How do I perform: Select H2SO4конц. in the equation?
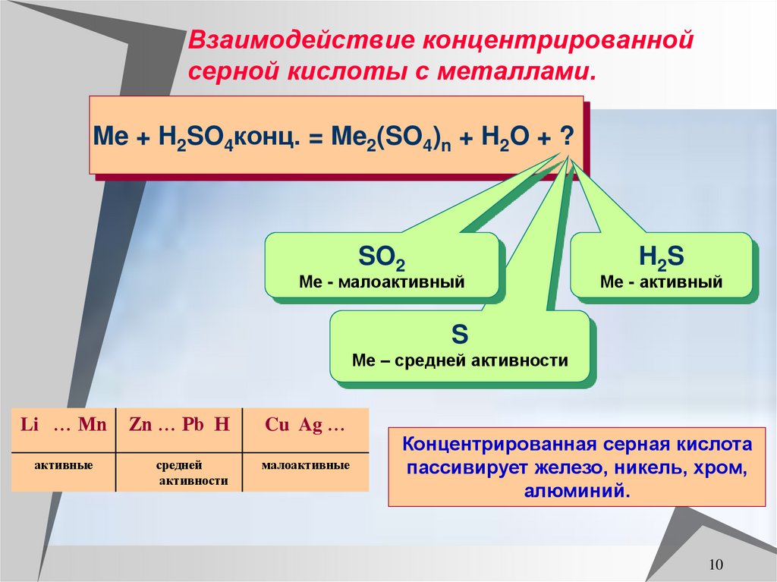228,138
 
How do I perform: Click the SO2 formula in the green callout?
381,260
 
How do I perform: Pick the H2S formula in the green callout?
662,258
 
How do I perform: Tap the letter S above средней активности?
460,335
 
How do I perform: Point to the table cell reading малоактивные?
305,464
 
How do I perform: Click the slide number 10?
716,565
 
